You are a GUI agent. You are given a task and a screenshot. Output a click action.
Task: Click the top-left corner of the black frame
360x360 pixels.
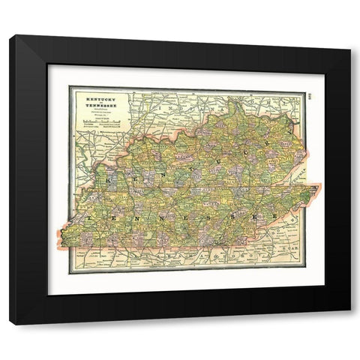coord(10,36)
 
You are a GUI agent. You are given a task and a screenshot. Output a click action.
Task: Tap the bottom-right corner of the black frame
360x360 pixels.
coord(349,323)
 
